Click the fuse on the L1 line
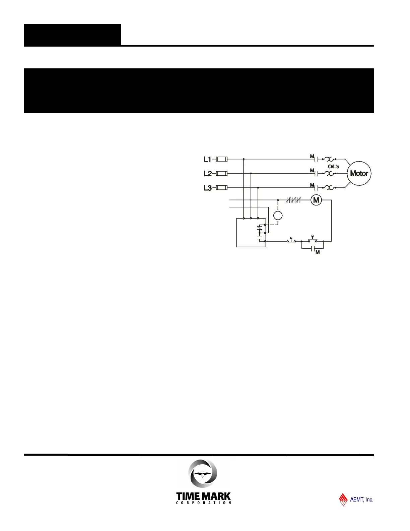pos(222,159)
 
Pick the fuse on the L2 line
pos(222,174)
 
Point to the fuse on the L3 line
pos(222,188)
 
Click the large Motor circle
pos(359,173)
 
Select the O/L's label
pos(334,167)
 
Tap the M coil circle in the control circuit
pos(316,200)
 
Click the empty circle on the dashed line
pos(278,216)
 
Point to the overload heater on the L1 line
pos(329,159)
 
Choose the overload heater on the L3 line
pos(329,188)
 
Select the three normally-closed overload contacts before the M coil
pos(294,200)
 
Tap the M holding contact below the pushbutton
pos(313,249)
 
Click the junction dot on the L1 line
pos(244,159)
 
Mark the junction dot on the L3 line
pos(258,188)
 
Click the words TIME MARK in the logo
pos(203,496)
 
